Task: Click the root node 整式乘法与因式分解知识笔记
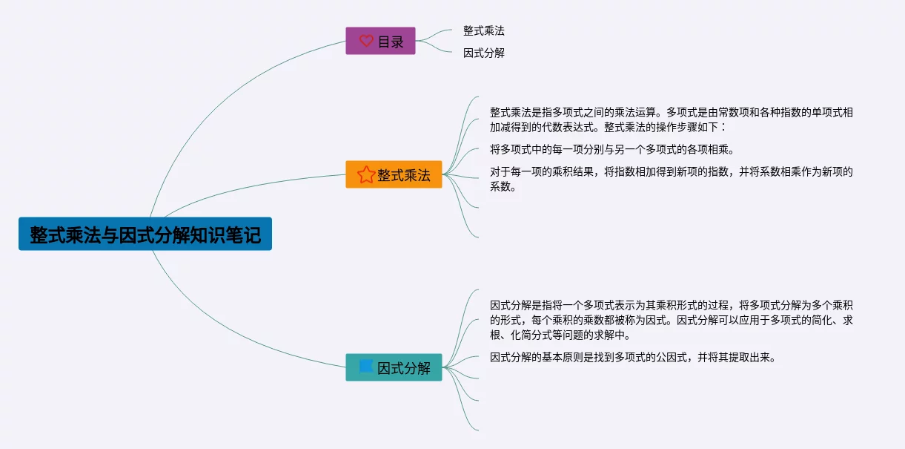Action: (x=145, y=234)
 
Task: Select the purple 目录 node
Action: (x=380, y=41)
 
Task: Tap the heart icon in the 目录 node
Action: (x=366, y=41)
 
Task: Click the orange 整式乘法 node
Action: (x=394, y=174)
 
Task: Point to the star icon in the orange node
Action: (x=365, y=174)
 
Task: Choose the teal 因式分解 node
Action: (x=394, y=367)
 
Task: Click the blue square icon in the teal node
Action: (x=365, y=367)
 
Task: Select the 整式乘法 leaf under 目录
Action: (x=484, y=30)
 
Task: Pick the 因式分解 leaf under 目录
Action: (x=484, y=53)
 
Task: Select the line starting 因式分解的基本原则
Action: (x=632, y=358)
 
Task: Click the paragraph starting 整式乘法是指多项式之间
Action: (x=671, y=119)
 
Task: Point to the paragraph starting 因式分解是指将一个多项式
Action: (x=671, y=320)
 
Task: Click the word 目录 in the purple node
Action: (x=391, y=42)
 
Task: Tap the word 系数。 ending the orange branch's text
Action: (x=503, y=187)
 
